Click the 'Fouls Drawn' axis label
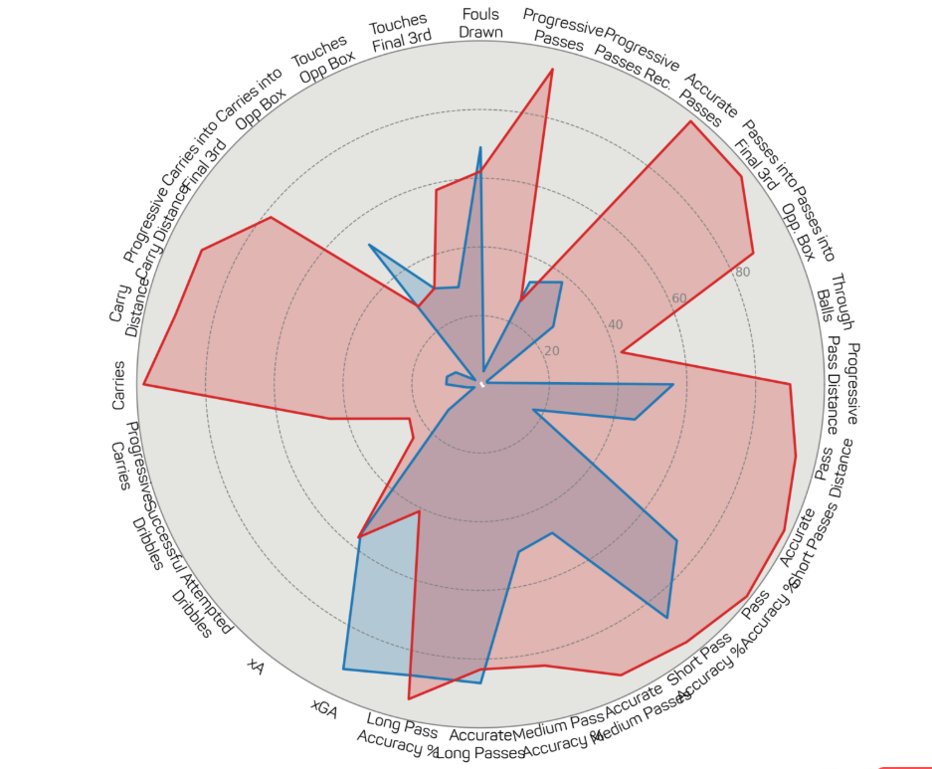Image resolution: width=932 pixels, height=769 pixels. pyautogui.click(x=480, y=24)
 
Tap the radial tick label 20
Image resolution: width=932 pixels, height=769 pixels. pyautogui.click(x=551, y=351)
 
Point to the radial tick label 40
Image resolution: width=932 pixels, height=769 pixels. pyautogui.click(x=615, y=325)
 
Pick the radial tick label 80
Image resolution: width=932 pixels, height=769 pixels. pyautogui.click(x=742, y=273)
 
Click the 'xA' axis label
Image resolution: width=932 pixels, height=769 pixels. pyautogui.click(x=256, y=667)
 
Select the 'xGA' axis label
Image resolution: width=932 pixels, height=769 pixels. pyautogui.click(x=324, y=708)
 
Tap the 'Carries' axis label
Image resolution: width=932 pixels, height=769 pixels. pyautogui.click(x=119, y=385)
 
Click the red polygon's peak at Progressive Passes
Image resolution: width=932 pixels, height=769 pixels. pyautogui.click(x=552, y=71)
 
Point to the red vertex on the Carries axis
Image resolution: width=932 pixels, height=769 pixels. pyautogui.click(x=144, y=384)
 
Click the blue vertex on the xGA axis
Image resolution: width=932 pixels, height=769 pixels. pyautogui.click(x=343, y=669)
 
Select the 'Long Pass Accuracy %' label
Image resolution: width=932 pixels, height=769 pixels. pyautogui.click(x=399, y=734)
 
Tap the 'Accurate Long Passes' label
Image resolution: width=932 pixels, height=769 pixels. pyautogui.click(x=486, y=744)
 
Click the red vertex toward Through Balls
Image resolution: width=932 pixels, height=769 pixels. pyautogui.click(x=621, y=351)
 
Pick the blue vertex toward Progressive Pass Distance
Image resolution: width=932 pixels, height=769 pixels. pyautogui.click(x=673, y=385)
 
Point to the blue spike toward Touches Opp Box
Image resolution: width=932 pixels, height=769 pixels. pyautogui.click(x=369, y=245)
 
